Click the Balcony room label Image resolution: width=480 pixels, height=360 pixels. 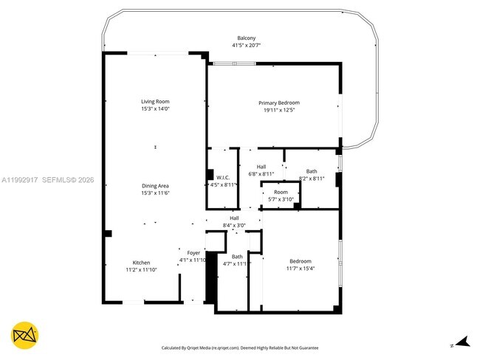tap(247, 38)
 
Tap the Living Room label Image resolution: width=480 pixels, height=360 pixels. tap(156, 102)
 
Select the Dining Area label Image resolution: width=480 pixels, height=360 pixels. tap(156, 186)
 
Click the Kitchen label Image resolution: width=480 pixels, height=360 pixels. tap(141, 263)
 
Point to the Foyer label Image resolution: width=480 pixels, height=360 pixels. tap(193, 253)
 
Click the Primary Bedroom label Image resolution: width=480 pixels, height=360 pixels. tap(278, 103)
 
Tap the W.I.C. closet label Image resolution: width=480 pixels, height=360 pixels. tap(224, 177)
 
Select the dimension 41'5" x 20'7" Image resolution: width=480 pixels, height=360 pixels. tap(247, 46)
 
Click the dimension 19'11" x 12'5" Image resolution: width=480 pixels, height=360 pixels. tap(278, 110)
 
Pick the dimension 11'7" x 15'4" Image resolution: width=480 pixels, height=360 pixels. tap(300, 269)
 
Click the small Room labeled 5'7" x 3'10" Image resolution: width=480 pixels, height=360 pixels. tap(281, 192)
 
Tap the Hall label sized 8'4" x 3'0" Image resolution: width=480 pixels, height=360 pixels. tap(234, 218)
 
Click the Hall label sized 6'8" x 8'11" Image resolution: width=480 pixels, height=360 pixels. tap(261, 167)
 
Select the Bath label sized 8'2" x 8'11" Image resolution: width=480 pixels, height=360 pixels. tap(312, 171)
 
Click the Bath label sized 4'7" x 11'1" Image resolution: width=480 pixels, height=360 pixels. tap(237, 257)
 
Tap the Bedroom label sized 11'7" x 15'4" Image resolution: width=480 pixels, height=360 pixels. tap(300, 262)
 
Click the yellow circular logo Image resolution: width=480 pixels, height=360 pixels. tap(26, 335)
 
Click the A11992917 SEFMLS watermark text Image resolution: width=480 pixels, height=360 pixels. tap(48, 179)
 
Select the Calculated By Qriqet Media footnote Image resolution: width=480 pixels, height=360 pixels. tap(240, 347)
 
